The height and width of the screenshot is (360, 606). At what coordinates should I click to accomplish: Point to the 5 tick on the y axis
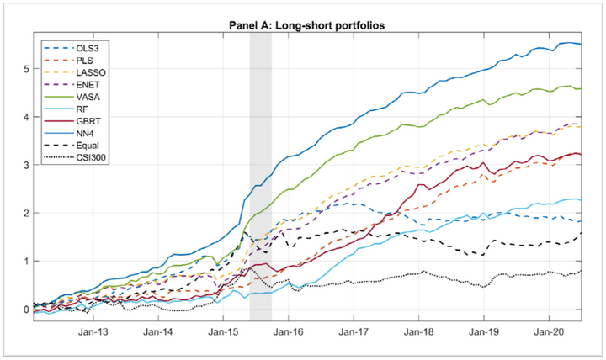(25, 69)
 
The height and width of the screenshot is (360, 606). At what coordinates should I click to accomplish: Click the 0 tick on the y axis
(25, 310)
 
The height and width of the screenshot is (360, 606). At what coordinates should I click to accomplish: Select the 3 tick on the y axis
(25, 166)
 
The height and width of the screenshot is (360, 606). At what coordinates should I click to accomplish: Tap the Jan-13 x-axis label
(93, 333)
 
